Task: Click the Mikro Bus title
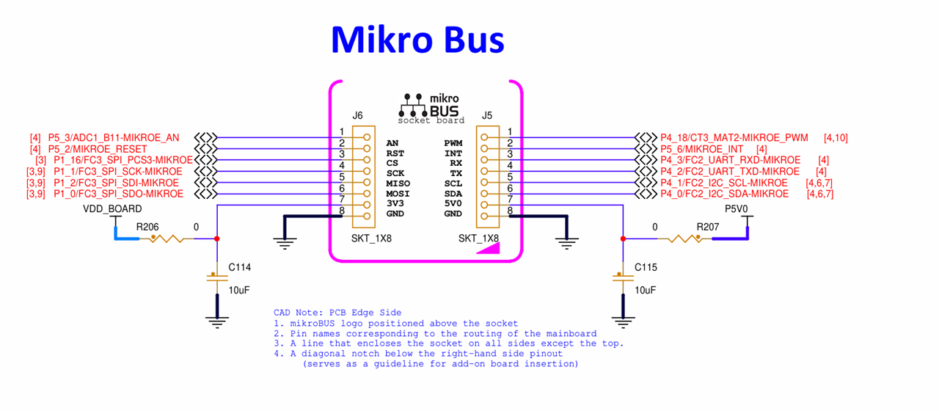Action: (417, 40)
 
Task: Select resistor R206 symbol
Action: (168, 239)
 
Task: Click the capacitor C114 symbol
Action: (217, 277)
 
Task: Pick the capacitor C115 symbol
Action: (623, 277)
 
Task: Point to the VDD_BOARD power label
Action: (113, 209)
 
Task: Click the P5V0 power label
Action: (736, 209)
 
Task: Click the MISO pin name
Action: (398, 183)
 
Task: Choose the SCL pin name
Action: (453, 183)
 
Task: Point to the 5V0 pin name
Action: (453, 203)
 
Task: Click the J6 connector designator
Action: (357, 115)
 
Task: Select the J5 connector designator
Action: (487, 115)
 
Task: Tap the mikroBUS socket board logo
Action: (431, 108)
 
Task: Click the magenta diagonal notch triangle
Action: (491, 248)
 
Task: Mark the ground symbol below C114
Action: (217, 320)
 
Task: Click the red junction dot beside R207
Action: (623, 239)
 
